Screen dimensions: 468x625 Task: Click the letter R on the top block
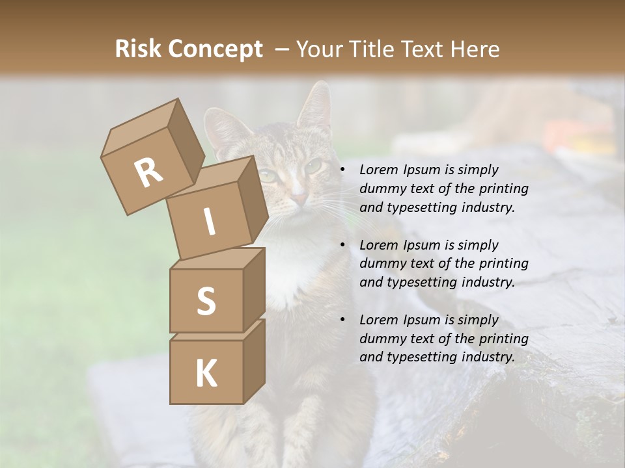point(148,172)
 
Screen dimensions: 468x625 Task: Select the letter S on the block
point(206,301)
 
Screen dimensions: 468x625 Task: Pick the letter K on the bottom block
point(206,374)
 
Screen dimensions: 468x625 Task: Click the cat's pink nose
point(298,196)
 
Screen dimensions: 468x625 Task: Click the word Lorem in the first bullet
point(378,170)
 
